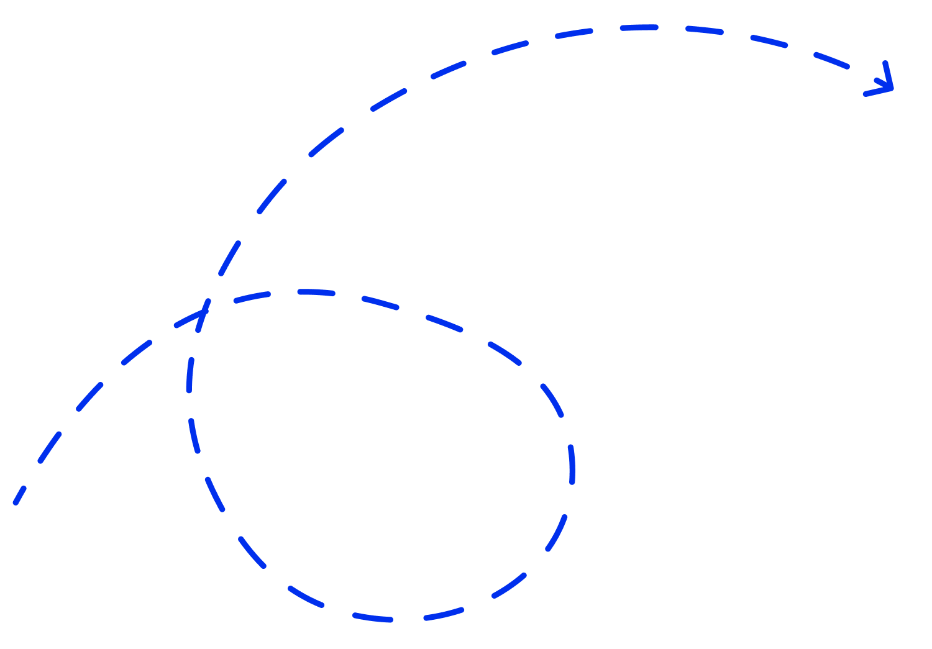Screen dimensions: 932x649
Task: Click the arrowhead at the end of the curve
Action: (891, 88)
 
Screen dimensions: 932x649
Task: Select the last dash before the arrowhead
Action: (831, 60)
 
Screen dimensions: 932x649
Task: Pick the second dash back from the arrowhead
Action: (769, 41)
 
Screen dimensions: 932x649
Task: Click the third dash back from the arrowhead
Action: (704, 29)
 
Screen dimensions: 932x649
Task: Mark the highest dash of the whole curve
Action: (639, 27)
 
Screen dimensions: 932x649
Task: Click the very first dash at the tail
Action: (19, 495)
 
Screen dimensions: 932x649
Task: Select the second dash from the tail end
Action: (50, 447)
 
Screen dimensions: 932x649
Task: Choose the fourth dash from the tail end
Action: (136, 352)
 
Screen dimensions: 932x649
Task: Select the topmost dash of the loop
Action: (316, 291)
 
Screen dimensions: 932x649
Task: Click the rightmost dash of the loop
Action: (572, 464)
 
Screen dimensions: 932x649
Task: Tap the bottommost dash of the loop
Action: (373, 617)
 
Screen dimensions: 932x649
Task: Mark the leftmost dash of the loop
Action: (190, 375)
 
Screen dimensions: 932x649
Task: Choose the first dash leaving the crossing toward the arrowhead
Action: (230, 258)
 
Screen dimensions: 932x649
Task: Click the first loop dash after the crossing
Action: (252, 297)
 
